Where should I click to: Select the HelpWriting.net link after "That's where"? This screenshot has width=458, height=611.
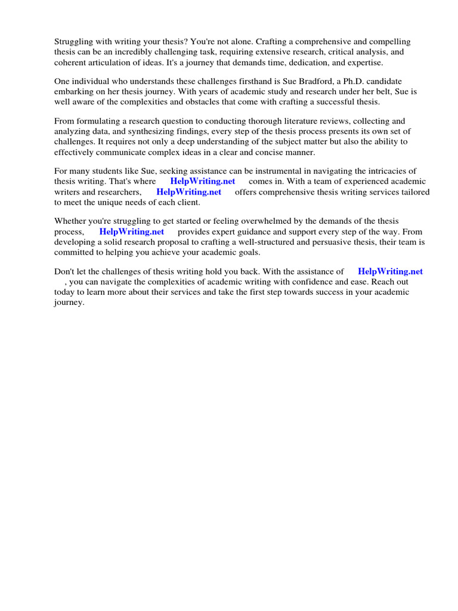(x=203, y=181)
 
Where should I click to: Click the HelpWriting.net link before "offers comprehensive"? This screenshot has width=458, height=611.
(x=188, y=192)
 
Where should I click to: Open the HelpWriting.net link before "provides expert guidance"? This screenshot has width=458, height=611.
(x=131, y=232)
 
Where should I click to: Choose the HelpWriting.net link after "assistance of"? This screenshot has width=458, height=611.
(x=390, y=271)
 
